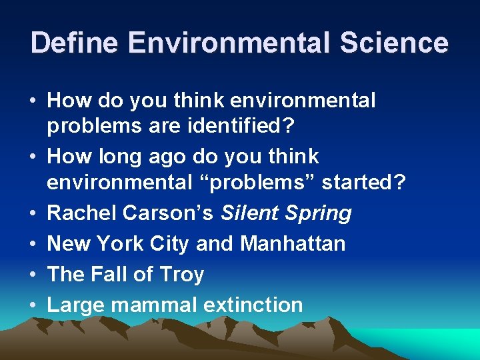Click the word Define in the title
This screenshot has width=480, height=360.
tap(74, 43)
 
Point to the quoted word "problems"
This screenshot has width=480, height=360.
tap(262, 183)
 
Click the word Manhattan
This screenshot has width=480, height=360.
tap(293, 243)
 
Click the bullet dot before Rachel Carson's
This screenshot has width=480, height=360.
tap(33, 213)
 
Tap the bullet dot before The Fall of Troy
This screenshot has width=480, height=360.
tap(33, 274)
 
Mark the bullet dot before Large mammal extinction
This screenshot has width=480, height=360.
tap(33, 305)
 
